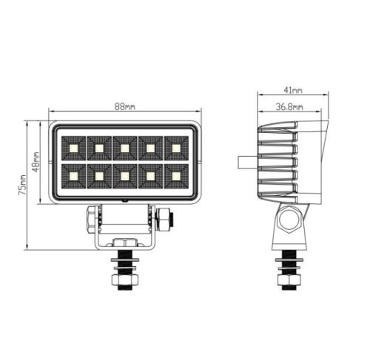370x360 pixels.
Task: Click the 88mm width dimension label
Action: coord(125,106)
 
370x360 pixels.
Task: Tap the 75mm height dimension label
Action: coord(22,185)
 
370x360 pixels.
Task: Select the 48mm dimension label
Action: coord(36,162)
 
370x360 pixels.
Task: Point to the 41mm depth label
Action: coord(293,90)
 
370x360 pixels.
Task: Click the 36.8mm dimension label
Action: coord(289,107)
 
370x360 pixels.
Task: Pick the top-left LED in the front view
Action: coord(74,149)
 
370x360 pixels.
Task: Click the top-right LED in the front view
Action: coord(176,148)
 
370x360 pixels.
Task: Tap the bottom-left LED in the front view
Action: coord(74,176)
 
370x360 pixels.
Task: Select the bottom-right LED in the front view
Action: coord(176,176)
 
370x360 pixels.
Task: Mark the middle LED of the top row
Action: coord(125,149)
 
